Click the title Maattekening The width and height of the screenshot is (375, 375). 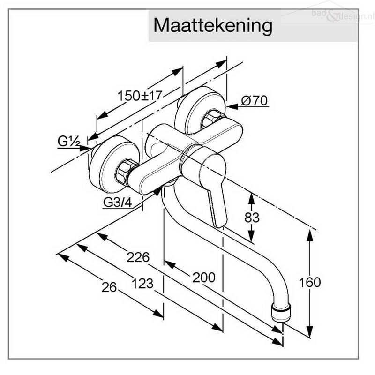(212, 26)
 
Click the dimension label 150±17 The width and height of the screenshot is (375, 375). (139, 96)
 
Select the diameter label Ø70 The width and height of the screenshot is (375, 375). (254, 100)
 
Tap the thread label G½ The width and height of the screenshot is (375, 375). (68, 140)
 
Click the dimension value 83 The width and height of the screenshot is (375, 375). (252, 217)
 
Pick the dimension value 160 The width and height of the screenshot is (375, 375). (310, 282)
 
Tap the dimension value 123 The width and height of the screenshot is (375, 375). (142, 283)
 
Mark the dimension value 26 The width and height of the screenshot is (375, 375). (109, 288)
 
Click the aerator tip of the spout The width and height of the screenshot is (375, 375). (281, 313)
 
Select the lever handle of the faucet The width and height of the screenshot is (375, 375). (213, 187)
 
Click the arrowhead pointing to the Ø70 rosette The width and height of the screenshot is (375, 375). (232, 107)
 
